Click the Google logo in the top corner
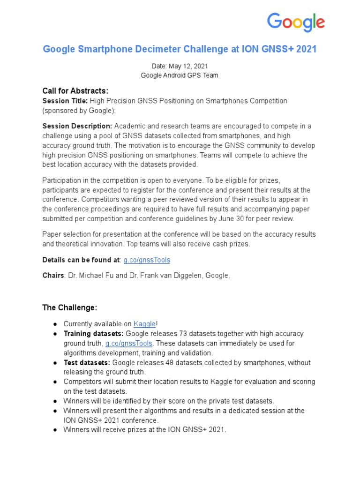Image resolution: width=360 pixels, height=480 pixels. pyautogui.click(x=295, y=22)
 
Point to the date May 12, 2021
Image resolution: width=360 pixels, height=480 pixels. pyautogui.click(x=189, y=66)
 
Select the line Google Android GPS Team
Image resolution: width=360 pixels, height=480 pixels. pyautogui.click(x=180, y=75)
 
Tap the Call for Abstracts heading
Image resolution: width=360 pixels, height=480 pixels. pyautogui.click(x=75, y=90)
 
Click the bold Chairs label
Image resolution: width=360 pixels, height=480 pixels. pyautogui.click(x=53, y=276)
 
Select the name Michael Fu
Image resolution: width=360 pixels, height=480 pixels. pyautogui.click(x=97, y=276)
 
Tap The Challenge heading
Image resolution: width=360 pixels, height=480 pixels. pyautogui.click(x=70, y=307)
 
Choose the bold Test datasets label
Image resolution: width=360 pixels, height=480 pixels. pyautogui.click(x=87, y=362)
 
